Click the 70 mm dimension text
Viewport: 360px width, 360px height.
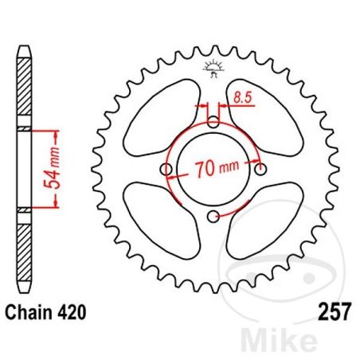[213, 170]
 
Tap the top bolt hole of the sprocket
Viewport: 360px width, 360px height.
[213, 123]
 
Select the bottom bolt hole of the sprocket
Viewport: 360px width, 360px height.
[213, 217]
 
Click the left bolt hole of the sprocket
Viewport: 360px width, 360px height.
[166, 170]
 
